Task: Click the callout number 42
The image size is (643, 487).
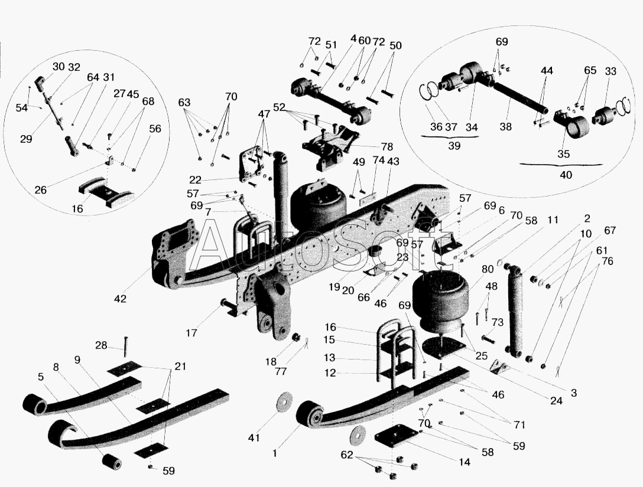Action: pos(121,299)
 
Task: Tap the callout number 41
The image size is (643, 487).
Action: pos(254,437)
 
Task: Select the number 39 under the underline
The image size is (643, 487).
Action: pos(453,146)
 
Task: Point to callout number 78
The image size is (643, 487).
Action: pos(387,146)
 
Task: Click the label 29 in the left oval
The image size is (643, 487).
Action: pos(25,139)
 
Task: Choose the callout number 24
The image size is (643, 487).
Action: pos(556,401)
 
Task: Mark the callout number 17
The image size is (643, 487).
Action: pos(191,333)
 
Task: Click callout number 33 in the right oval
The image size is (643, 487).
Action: pos(610,71)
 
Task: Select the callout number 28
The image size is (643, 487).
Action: pos(101,345)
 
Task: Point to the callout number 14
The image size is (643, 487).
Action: pos(465,462)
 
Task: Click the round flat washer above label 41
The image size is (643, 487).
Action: pos(285,400)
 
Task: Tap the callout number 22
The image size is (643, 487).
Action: pos(196,179)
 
